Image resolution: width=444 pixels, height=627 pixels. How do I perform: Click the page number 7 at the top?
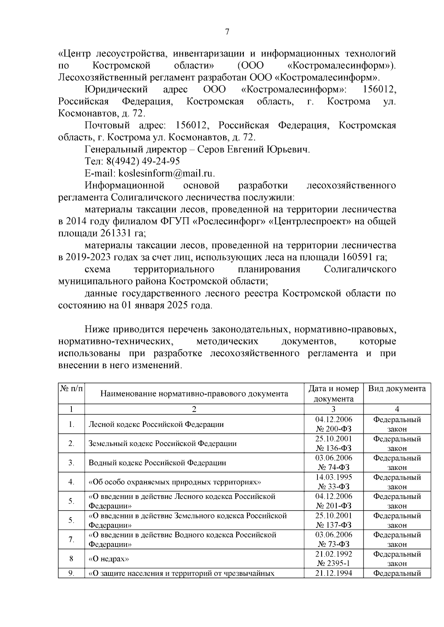coord(227,32)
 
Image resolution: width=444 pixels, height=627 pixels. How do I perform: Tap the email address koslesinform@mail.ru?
coord(166,173)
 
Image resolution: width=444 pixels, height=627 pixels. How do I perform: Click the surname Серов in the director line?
coord(211,150)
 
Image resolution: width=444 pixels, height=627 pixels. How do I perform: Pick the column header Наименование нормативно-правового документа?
coord(194,393)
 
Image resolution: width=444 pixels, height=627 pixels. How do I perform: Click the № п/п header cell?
coord(71,389)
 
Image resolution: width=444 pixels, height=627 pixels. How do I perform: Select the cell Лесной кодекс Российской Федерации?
coord(156,424)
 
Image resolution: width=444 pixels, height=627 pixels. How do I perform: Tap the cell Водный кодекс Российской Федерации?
coord(157,463)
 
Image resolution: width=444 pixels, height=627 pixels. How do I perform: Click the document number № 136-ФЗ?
coord(333,448)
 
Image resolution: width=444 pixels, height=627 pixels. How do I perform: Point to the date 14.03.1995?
coord(333,477)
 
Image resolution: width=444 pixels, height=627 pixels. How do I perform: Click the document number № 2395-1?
coord(333,563)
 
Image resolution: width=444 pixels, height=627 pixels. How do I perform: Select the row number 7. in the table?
coord(71,539)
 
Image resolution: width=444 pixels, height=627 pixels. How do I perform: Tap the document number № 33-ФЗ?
coord(333,487)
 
